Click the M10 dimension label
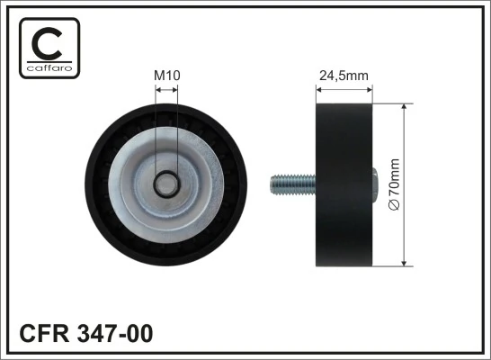tap(167, 76)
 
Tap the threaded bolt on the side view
tap(293, 185)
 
